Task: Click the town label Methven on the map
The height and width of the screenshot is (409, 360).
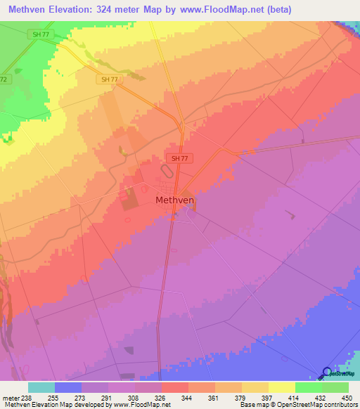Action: point(174,200)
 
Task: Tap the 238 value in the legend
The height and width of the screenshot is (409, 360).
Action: point(27,397)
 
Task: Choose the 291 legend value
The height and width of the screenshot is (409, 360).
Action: point(108,397)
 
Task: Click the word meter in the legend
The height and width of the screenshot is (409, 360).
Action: point(9,397)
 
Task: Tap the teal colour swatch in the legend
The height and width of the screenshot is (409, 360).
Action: point(41,387)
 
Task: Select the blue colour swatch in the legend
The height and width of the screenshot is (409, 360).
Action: point(67,387)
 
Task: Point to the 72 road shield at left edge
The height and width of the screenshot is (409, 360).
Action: point(4,79)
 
